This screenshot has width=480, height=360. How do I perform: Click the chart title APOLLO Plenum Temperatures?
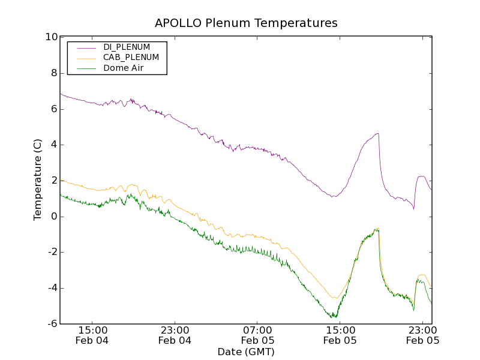(246, 23)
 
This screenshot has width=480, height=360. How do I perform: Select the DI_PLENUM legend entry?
(127, 47)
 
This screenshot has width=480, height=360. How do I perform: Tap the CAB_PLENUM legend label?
(131, 57)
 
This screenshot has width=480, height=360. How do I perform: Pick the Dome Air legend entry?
(124, 68)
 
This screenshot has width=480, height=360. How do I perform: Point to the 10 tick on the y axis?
(50, 37)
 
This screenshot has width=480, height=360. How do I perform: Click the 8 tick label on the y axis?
(53, 73)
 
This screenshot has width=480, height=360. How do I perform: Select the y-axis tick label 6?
(53, 109)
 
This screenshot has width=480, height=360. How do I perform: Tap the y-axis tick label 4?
(53, 145)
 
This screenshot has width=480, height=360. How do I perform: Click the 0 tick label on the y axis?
(53, 217)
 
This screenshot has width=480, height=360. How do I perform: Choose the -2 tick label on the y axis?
(52, 252)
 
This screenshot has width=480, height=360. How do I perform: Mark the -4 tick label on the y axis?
(52, 288)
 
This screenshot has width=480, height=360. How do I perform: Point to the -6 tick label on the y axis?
(52, 324)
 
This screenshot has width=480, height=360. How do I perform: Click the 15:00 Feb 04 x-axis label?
(92, 335)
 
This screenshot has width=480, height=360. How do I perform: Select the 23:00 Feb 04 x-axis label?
(175, 335)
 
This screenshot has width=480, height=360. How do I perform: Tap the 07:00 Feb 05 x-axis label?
(257, 335)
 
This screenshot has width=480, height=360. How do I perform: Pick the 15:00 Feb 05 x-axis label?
(340, 335)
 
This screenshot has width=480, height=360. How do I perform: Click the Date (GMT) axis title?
(246, 352)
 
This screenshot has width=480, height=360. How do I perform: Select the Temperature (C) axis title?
(38, 180)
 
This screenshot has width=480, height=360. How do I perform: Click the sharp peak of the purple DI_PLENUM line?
(378, 133)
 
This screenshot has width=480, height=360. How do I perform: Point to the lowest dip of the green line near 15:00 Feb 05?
(335, 317)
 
